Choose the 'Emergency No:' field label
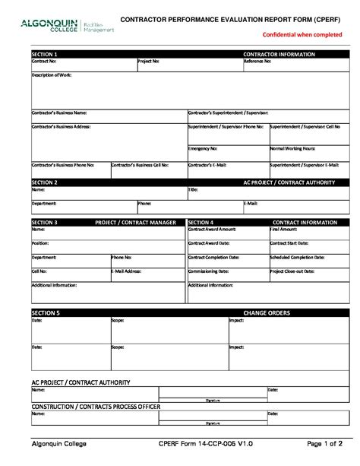click(203, 148)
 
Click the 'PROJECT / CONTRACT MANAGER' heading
click(135, 223)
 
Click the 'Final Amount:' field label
click(283, 229)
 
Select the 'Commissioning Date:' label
click(209, 271)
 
